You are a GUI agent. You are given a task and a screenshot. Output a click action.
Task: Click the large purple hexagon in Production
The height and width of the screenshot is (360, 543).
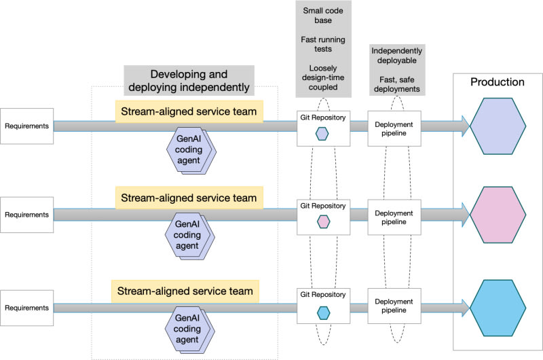point(498,126)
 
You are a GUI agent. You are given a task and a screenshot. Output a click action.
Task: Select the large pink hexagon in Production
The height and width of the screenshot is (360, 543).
point(498,215)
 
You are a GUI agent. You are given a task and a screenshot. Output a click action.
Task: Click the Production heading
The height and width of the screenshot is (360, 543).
point(498,82)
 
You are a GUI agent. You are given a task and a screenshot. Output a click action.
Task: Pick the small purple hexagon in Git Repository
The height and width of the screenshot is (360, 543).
point(323,134)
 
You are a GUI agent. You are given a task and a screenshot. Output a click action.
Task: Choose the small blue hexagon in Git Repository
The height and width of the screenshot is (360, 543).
point(323,312)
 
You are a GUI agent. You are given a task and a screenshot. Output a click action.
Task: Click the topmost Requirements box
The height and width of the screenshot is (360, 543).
point(26,126)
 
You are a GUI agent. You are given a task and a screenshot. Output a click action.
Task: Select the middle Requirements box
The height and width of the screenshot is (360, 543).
point(26,215)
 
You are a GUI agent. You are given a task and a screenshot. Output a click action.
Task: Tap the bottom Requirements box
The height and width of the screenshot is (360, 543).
point(26,308)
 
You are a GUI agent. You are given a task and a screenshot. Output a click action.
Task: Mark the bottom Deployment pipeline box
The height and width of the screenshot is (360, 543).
point(394,306)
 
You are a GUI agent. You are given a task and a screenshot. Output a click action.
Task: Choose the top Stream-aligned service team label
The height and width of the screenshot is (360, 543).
point(189,111)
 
